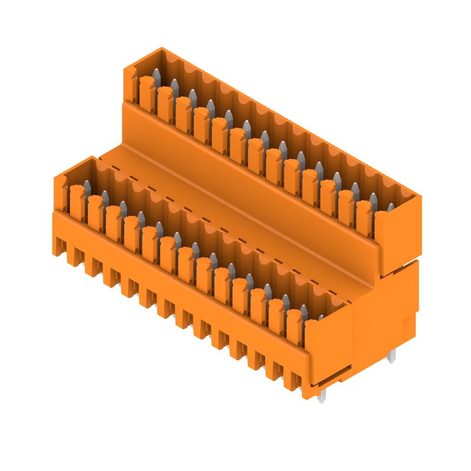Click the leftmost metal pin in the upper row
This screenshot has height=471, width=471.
click(x=157, y=75)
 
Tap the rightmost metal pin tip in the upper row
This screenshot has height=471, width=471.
click(x=391, y=208)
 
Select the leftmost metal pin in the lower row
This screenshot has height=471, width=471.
click(x=86, y=187)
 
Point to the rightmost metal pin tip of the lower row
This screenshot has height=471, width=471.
click(x=321, y=318)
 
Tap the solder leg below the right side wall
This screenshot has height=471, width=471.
click(x=393, y=355)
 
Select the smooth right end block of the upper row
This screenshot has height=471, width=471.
click(x=397, y=241)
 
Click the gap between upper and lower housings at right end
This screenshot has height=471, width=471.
click(x=400, y=267)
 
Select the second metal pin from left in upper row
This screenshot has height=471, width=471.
click(x=174, y=85)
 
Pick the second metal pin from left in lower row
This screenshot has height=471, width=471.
click(x=104, y=197)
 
